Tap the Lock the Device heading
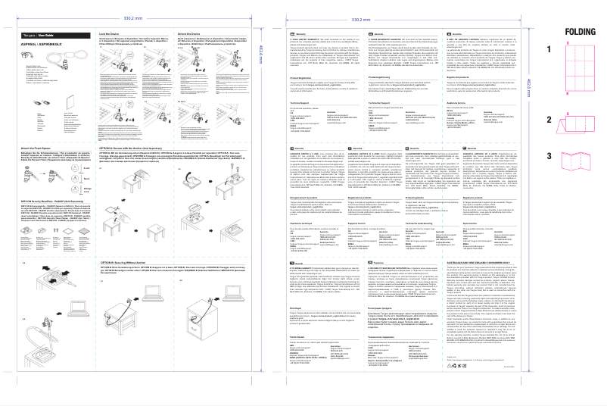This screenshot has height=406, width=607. (x=111, y=34)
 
